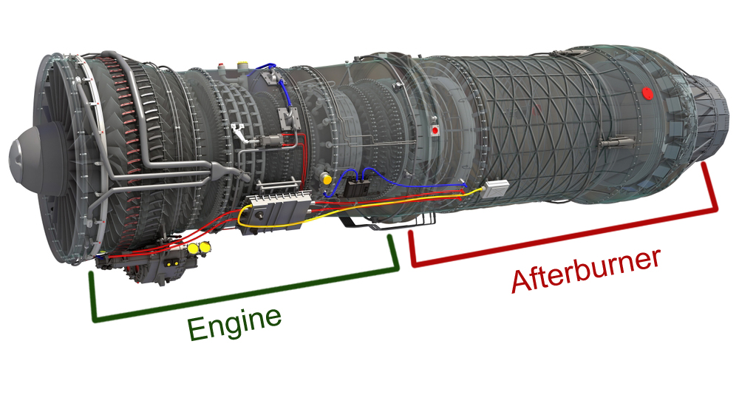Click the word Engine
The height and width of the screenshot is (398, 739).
pyautogui.click(x=235, y=323)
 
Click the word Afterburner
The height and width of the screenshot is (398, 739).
pyautogui.click(x=585, y=271)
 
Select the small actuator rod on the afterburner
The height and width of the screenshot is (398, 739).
pyautogui.click(x=613, y=141)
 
